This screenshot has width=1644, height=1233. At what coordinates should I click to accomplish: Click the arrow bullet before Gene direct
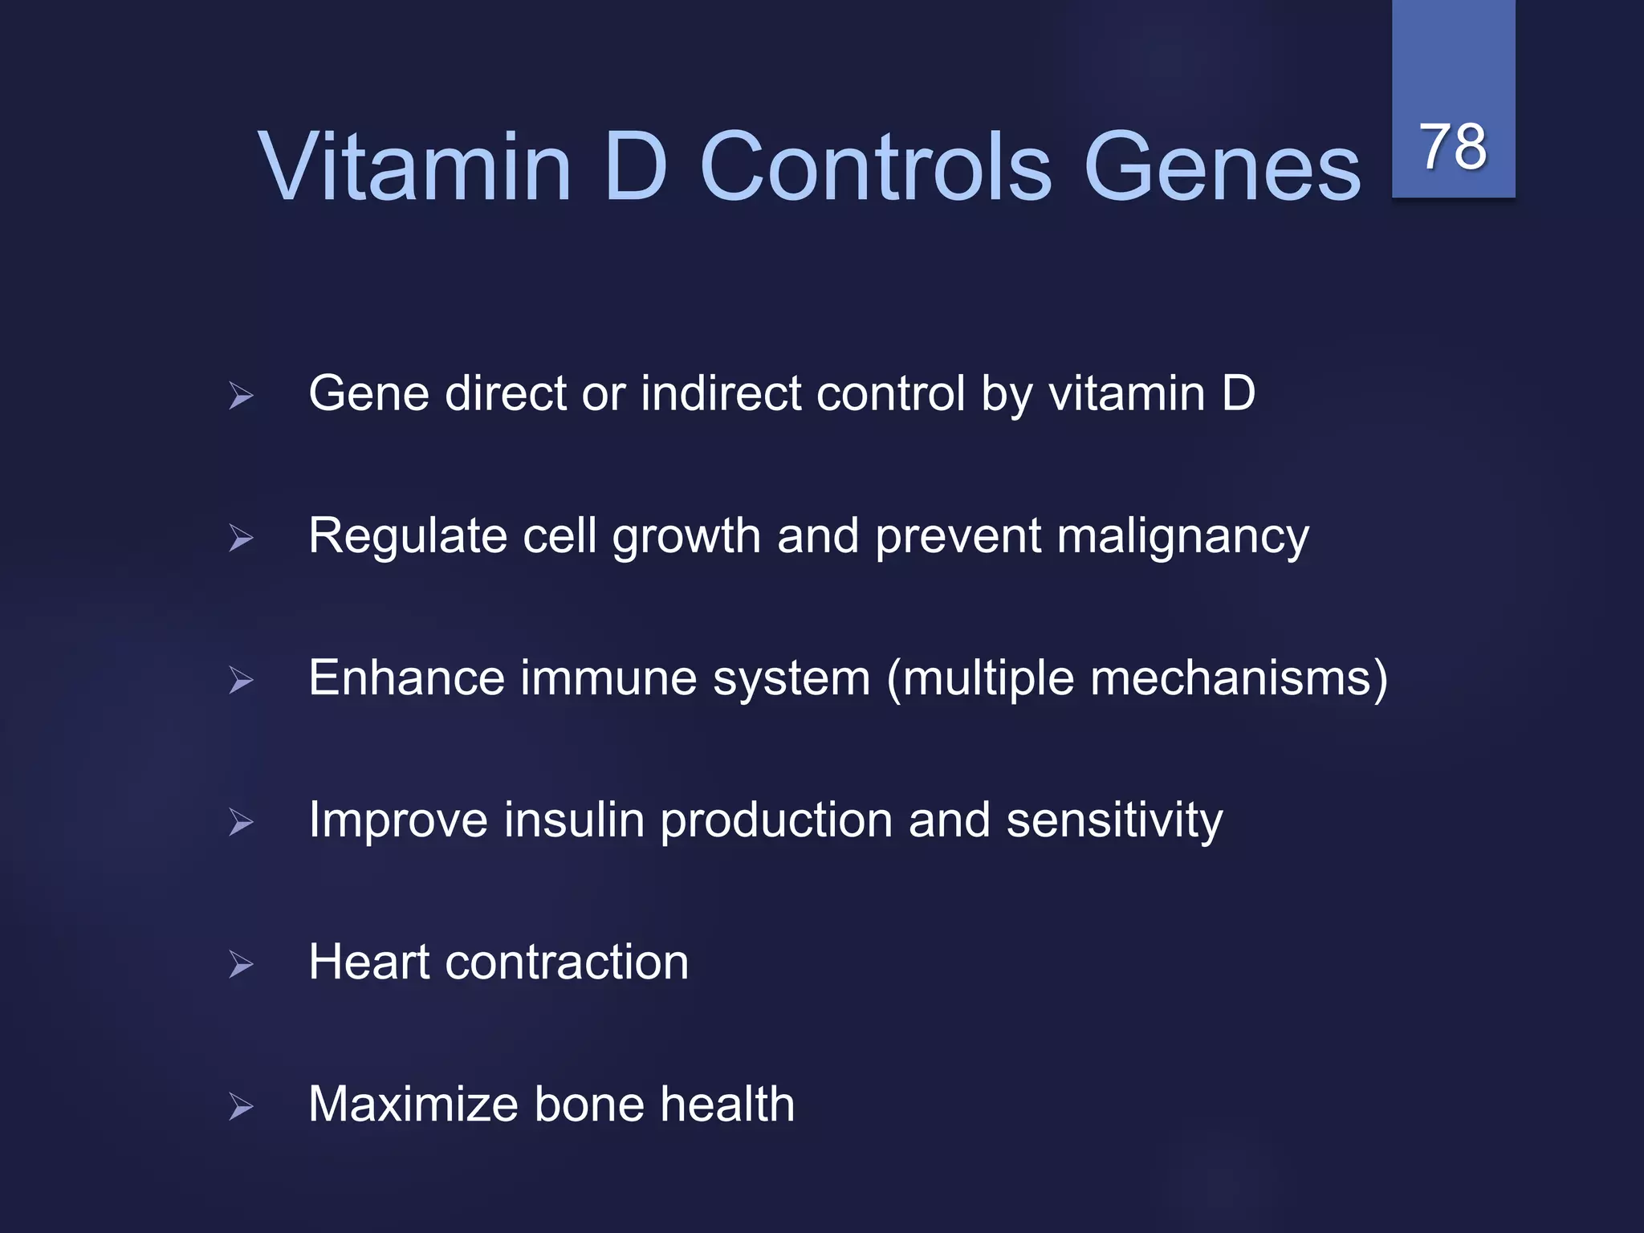pyautogui.click(x=241, y=396)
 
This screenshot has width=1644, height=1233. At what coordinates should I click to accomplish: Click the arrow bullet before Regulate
pyautogui.click(x=241, y=538)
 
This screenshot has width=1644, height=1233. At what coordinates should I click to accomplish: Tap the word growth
pyautogui.click(x=686, y=538)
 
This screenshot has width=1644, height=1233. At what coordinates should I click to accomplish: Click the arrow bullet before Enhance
pyautogui.click(x=241, y=680)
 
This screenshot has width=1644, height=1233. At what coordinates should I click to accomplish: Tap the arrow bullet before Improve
pyautogui.click(x=241, y=822)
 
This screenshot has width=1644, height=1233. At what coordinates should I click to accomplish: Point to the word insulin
pyautogui.click(x=574, y=820)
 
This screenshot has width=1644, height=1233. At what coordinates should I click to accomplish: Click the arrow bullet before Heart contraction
pyautogui.click(x=241, y=964)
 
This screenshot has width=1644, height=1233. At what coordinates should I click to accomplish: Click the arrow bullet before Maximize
pyautogui.click(x=241, y=1106)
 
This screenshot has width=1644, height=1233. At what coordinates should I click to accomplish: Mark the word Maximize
pyautogui.click(x=413, y=1105)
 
